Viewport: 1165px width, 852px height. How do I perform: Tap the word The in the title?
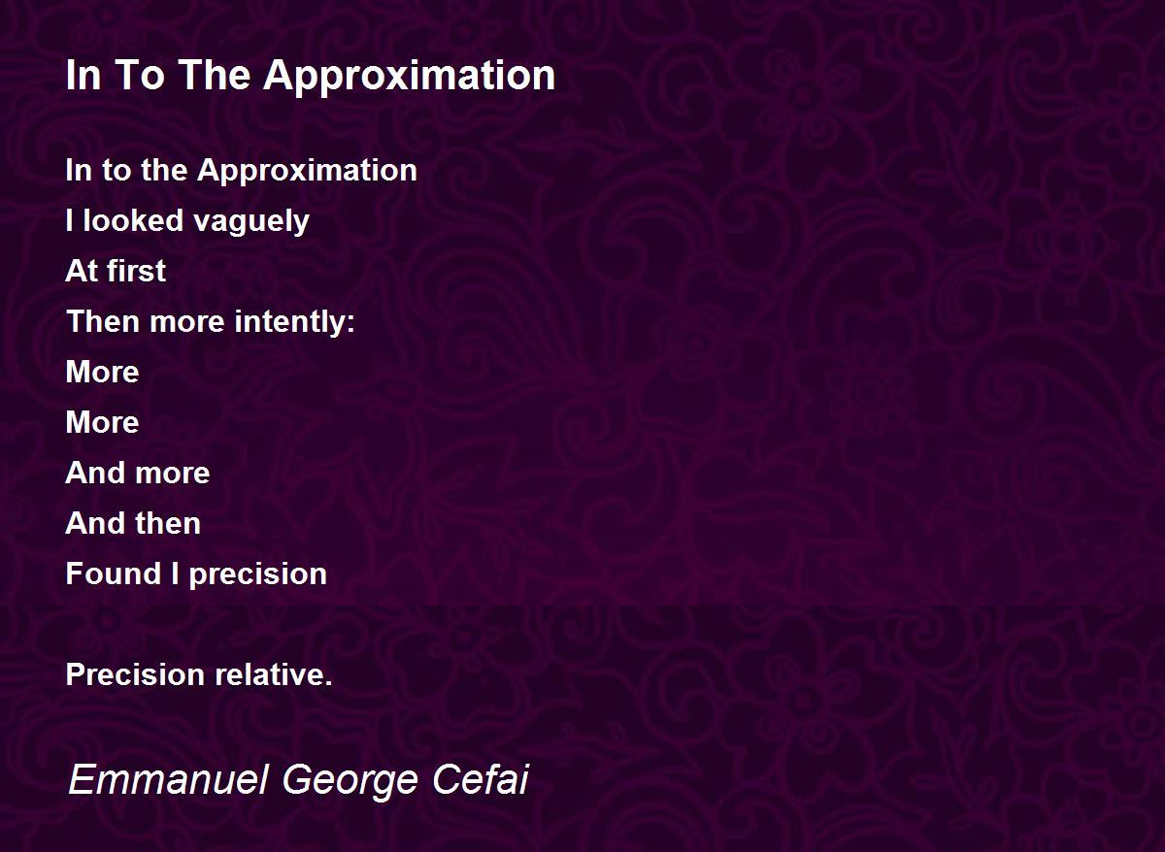coord(215,75)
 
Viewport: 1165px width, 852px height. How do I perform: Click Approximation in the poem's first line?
coord(307,172)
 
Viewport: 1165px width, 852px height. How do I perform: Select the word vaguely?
coord(251,222)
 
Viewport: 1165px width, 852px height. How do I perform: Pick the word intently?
coord(288,322)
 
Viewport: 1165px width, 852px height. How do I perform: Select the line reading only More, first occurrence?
coord(103,372)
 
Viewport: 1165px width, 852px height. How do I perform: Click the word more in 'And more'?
coord(172,474)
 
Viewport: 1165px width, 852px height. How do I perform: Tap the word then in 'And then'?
coord(168,523)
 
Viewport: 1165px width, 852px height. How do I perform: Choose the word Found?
coord(114,573)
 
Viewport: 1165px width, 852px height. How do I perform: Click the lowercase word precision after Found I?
coord(258,574)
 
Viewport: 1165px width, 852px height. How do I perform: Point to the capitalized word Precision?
coord(135,674)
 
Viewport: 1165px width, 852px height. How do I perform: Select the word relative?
coord(270,674)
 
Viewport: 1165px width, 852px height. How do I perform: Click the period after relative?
coord(328,683)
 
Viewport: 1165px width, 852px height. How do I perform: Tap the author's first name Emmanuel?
coord(169,780)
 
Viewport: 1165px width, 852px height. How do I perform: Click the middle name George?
coord(350,781)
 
